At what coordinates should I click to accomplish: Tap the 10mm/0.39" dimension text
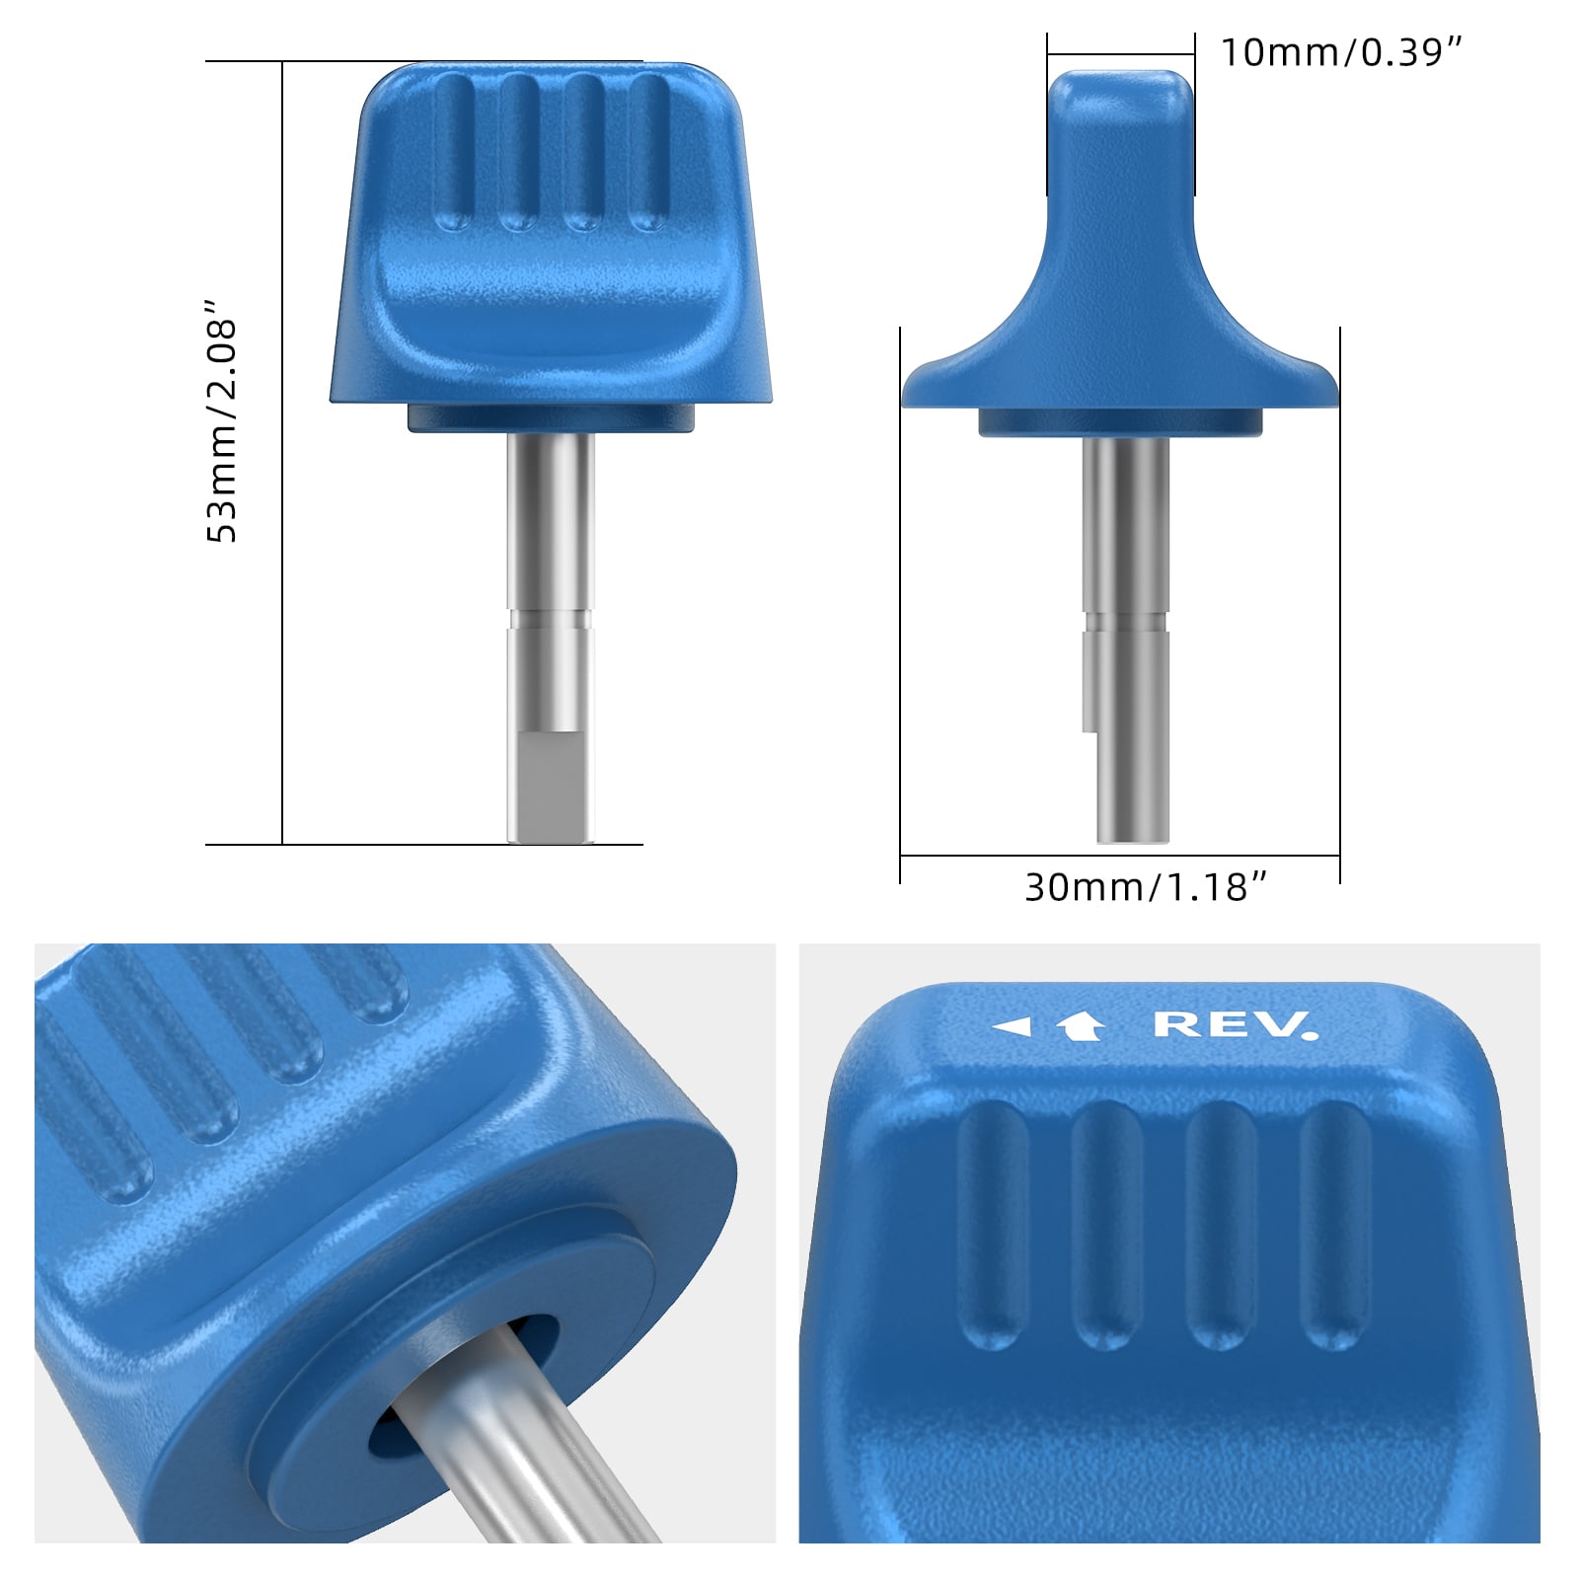[1340, 52]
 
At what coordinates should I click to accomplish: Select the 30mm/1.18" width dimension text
[1145, 887]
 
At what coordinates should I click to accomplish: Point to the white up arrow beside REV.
[1080, 1027]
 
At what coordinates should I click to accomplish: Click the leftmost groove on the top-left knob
[453, 153]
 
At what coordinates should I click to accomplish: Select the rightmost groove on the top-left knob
[648, 153]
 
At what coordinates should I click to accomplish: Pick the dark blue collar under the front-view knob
[551, 418]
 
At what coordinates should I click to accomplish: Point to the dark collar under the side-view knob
[1120, 422]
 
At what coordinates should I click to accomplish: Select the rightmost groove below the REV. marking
[1334, 1224]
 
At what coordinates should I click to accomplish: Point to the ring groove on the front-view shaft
[551, 620]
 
